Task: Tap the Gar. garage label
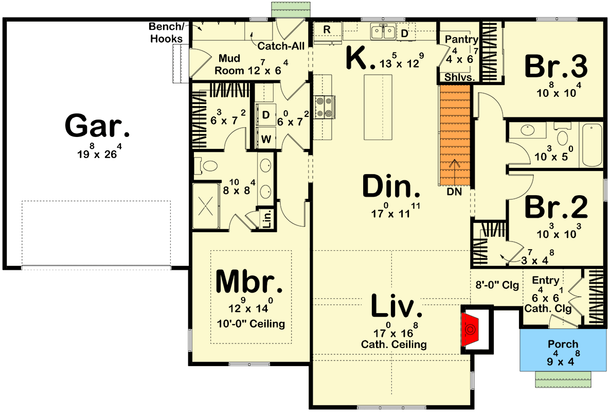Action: (x=98, y=127)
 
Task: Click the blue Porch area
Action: (x=562, y=350)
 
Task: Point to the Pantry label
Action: (x=461, y=40)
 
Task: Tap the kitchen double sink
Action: (x=383, y=32)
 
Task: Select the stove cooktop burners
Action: (x=324, y=108)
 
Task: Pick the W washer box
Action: (x=266, y=139)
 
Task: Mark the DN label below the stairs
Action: (x=454, y=192)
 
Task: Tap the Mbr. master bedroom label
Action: (x=249, y=282)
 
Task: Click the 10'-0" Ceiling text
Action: (x=250, y=324)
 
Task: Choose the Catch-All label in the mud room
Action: (x=281, y=46)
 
